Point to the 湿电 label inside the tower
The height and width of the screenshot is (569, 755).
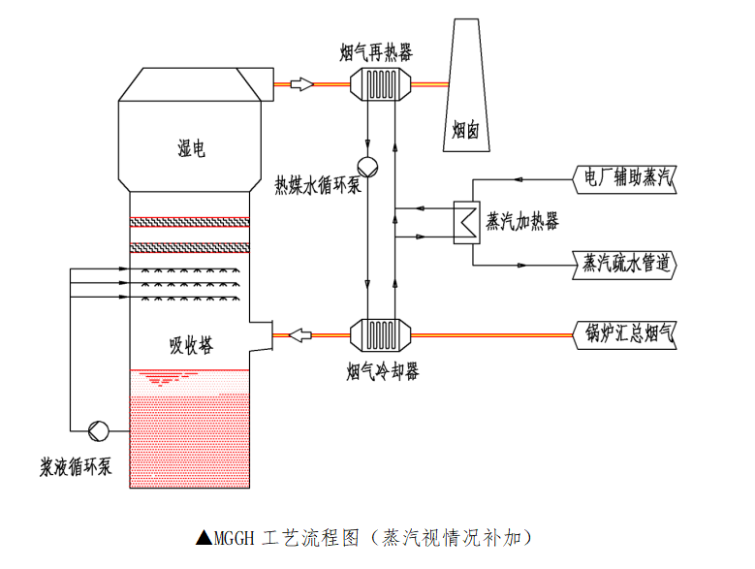click(x=192, y=149)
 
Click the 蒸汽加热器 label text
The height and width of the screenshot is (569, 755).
click(x=522, y=222)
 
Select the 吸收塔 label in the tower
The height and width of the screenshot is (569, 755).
click(x=192, y=344)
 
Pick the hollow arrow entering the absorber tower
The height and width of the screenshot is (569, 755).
click(x=301, y=335)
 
